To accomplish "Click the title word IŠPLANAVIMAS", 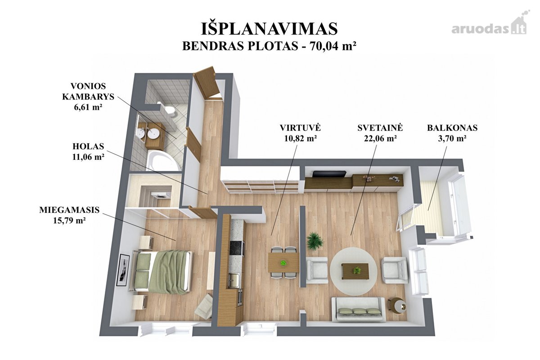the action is [269, 29].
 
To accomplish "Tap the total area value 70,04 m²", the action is [333, 46].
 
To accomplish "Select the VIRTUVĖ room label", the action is [300, 127].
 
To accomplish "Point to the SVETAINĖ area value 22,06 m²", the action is [380, 139].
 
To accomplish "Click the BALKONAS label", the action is [452, 128].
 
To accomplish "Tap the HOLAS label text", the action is [88, 146].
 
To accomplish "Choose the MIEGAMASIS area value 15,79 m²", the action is [69, 220].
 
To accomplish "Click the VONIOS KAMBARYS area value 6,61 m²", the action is [88, 107].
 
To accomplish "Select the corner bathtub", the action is [163, 160].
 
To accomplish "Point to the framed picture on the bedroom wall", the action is [123, 270].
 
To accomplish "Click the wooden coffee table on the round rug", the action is [355, 271].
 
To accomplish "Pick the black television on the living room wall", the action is [329, 174].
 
